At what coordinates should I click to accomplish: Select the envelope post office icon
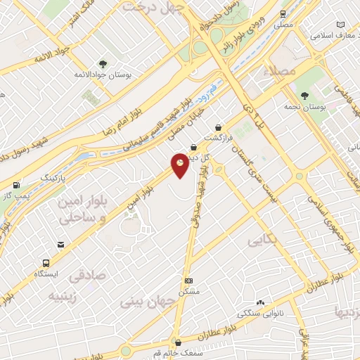click(x=61, y=245)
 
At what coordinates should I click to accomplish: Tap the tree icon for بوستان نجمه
click(x=304, y=96)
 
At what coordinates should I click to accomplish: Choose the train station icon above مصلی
click(x=283, y=13)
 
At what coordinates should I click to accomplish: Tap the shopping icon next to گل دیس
click(x=193, y=147)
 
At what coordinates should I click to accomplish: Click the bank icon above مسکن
click(x=188, y=280)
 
